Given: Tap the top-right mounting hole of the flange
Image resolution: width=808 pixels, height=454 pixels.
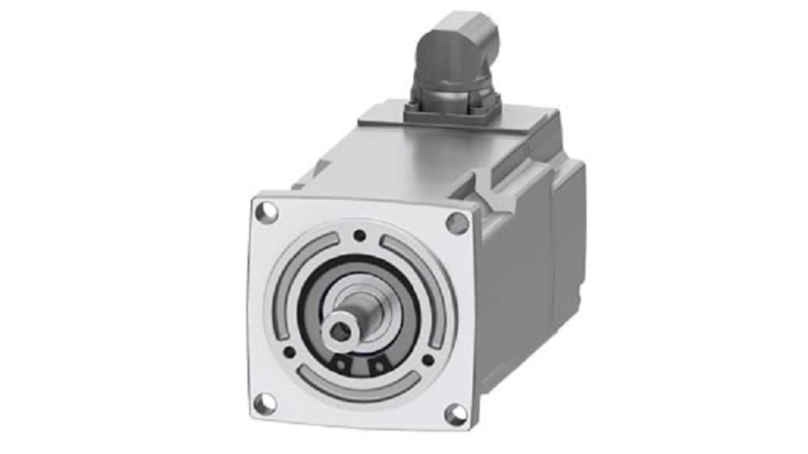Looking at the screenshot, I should (457, 222).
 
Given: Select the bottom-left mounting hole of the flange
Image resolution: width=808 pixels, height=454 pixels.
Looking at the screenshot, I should (264, 403).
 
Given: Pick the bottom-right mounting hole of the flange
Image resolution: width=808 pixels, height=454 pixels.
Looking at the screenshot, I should (456, 414).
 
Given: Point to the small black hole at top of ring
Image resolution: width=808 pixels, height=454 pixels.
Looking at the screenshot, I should (360, 234).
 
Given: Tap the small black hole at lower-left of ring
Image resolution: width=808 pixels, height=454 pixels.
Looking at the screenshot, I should (289, 352).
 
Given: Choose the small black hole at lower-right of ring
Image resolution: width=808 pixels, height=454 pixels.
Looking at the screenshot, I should (428, 360).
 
